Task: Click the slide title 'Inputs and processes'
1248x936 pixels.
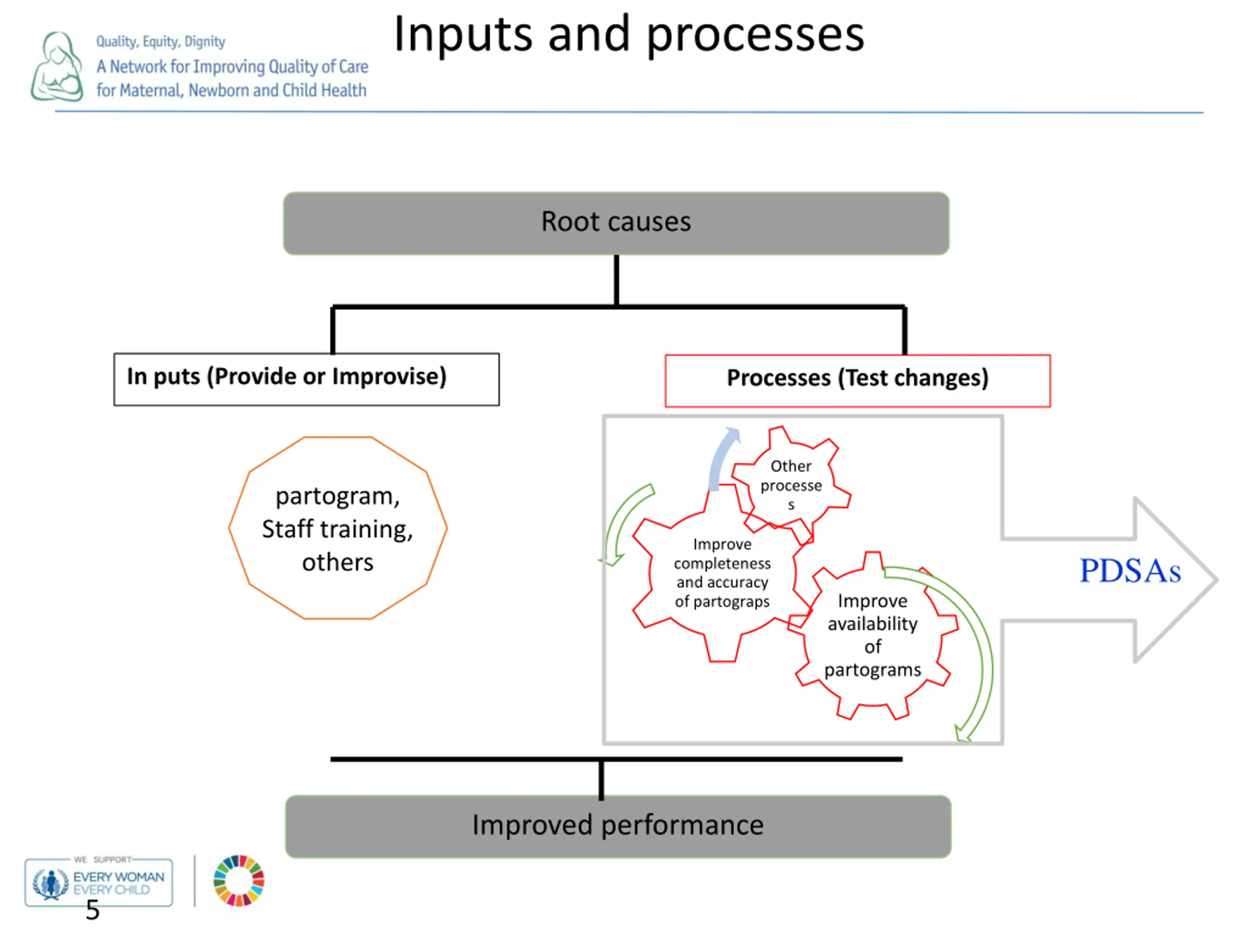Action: point(628,35)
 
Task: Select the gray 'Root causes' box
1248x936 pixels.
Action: point(616,223)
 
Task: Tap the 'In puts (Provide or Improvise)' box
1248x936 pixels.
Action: point(306,379)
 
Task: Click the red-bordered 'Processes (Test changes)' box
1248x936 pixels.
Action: point(857,380)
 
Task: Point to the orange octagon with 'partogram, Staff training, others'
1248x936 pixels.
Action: point(337,527)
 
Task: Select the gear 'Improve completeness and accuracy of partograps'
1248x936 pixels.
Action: point(721,573)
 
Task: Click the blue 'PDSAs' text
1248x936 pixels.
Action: point(1130,571)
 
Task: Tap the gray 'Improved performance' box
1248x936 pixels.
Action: point(618,826)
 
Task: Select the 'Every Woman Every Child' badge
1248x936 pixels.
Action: point(99,882)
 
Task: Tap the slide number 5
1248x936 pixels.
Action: point(93,910)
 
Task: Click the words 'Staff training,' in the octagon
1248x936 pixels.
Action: point(337,529)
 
